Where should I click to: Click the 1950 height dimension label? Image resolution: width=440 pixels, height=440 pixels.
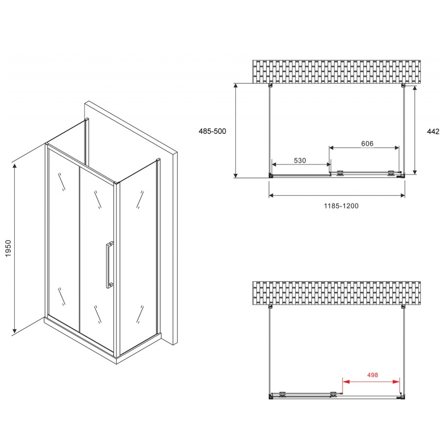point(8,248)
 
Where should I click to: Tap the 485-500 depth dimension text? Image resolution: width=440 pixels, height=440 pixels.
point(212,131)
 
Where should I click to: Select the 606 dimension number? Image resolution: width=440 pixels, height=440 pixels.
point(367,143)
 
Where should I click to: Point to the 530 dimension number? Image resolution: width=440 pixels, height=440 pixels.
point(300,160)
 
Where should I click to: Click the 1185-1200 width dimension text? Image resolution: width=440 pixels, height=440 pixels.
point(341,206)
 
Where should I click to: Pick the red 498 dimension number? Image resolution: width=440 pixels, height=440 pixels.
point(372,375)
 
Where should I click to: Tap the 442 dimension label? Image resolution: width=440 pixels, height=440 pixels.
point(433,131)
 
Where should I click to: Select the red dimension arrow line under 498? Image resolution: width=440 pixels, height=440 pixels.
point(371,382)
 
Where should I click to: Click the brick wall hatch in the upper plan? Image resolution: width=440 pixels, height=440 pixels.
point(336,71)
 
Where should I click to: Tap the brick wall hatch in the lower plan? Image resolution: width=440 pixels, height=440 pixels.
point(336,293)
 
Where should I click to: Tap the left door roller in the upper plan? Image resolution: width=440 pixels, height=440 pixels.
point(341,173)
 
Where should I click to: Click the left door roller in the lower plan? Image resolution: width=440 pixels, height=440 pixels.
point(283,394)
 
